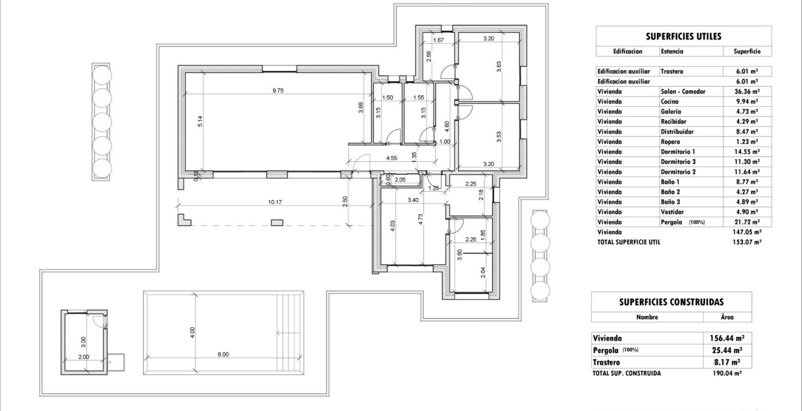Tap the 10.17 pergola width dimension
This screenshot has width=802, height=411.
pos(275,202)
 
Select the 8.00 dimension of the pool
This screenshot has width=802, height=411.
pos(223,355)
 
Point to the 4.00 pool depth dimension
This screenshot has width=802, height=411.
pos(192,332)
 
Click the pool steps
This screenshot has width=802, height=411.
pos(290,333)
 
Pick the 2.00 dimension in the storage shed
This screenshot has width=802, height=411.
pos(84,357)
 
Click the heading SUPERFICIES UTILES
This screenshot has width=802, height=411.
pos(683,36)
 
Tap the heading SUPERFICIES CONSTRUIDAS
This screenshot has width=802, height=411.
pos(671,302)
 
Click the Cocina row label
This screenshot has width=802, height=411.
pos(669,101)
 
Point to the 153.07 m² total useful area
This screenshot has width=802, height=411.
pos(747,242)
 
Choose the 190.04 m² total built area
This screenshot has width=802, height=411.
pos(727,373)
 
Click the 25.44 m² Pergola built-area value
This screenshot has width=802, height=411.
pos(727,350)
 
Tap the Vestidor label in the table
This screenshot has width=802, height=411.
pos(672,212)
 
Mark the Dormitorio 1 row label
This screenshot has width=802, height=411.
pos(678,152)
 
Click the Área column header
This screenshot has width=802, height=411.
pos(727,317)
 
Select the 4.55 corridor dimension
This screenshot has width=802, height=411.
pos(391,158)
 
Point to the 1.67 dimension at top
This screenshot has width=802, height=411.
pos(439,40)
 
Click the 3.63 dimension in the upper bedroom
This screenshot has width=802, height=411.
pos(498,67)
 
